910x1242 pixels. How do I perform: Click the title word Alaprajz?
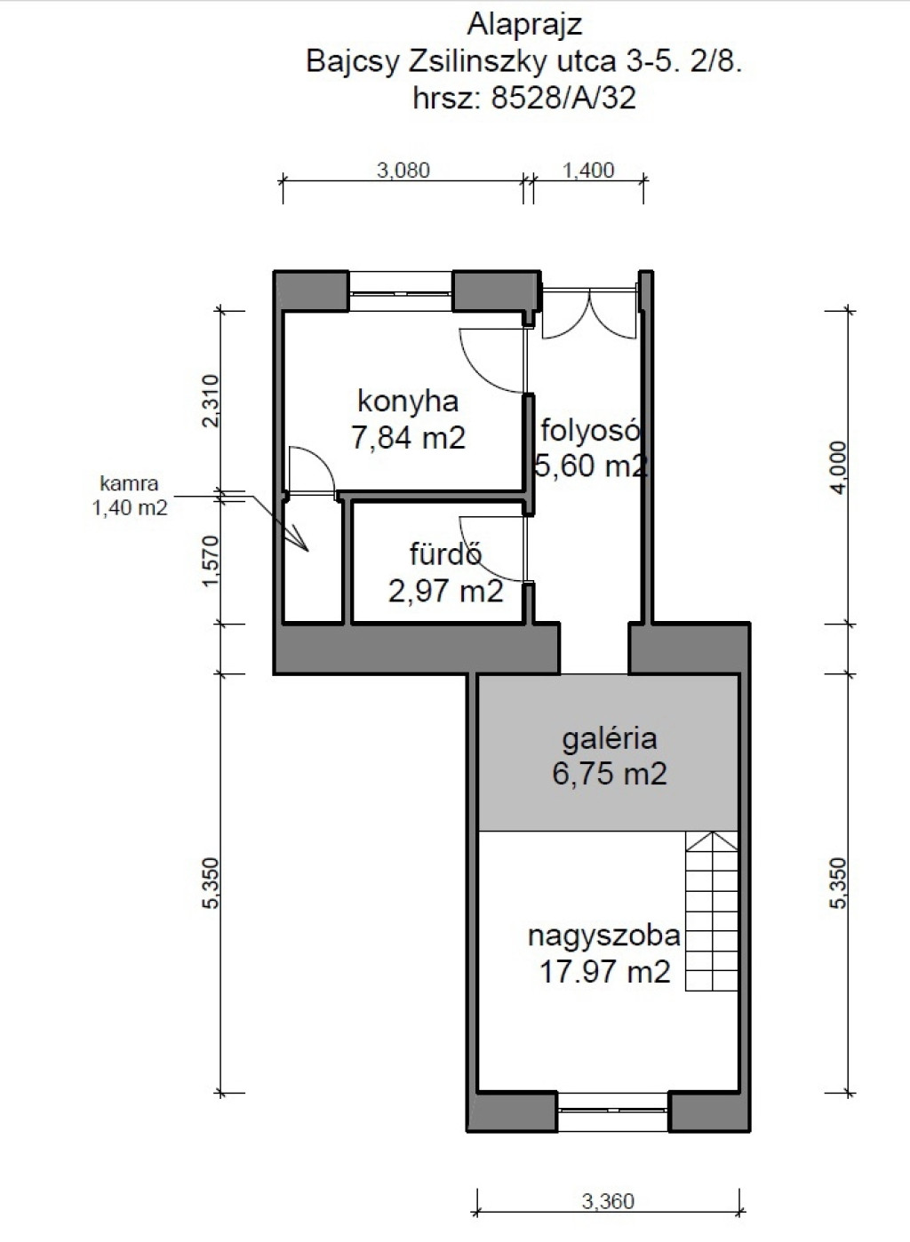524,26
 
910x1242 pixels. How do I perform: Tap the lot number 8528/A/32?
563,98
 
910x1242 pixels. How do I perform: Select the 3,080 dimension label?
403,171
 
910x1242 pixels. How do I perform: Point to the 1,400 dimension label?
588,171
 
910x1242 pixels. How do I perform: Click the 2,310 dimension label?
212,401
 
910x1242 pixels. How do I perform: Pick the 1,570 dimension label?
212,561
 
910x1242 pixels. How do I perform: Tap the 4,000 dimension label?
840,467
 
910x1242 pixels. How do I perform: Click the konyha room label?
408,401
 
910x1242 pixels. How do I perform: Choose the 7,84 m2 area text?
408,438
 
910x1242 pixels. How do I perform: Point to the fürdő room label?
446,553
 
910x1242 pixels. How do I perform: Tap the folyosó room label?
590,431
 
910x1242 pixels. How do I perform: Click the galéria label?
610,738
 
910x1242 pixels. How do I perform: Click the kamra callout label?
129,483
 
